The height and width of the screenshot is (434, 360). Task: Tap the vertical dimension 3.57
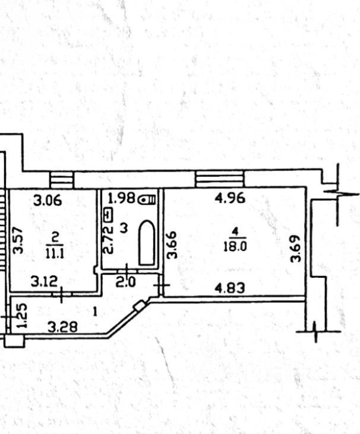[19, 241]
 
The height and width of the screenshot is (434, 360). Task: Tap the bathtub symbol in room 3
[146, 243]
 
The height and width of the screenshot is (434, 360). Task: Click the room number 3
[124, 227]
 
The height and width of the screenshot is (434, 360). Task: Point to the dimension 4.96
[229, 198]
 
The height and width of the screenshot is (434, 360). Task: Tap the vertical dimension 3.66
[172, 245]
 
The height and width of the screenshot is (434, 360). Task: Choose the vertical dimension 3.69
[295, 249]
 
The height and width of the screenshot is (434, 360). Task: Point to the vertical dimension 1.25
[21, 316]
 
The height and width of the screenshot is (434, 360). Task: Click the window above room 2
[61, 179]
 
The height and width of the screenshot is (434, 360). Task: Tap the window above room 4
[220, 178]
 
